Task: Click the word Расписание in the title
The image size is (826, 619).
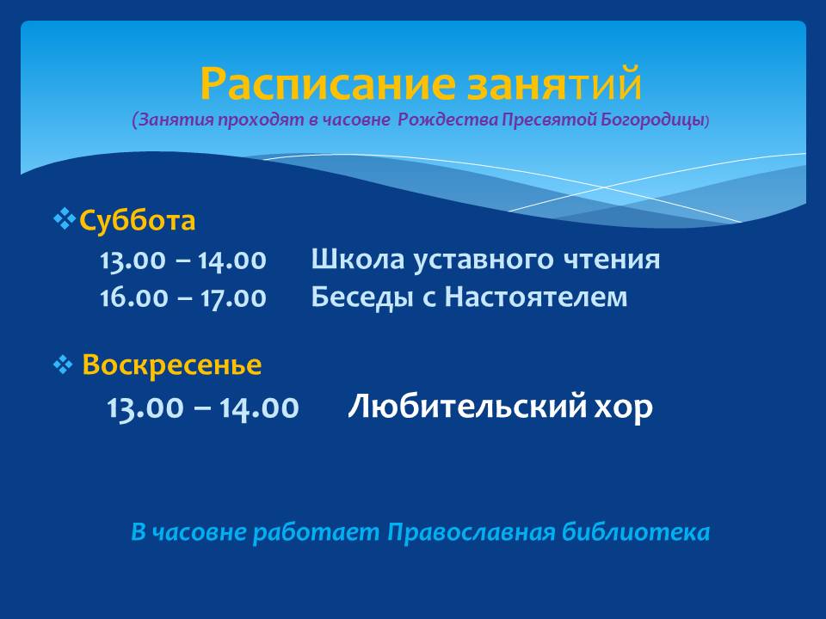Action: coord(328,84)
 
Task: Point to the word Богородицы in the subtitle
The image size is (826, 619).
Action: coord(652,120)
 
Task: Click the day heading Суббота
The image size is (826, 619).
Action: coord(137,220)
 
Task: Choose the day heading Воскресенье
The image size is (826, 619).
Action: coord(172,365)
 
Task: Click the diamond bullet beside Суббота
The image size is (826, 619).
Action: coord(65,219)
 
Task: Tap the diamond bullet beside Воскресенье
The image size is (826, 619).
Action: coord(63,365)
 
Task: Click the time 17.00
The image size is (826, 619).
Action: coord(233,298)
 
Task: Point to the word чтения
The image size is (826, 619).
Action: coord(612,260)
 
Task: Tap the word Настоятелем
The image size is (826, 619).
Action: coord(536,297)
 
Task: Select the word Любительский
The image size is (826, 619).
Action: coord(467,406)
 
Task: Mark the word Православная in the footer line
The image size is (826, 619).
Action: coord(472,532)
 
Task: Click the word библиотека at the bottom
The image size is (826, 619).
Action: coord(636,531)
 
